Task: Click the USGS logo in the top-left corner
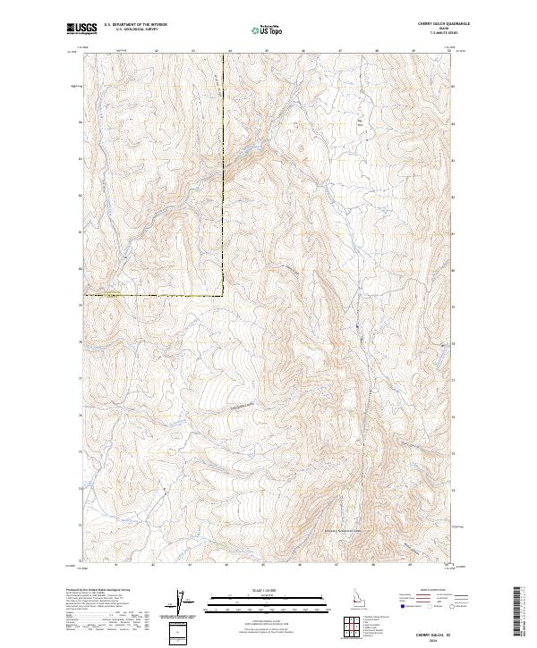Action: [x=82, y=30]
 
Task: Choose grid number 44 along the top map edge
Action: [x=228, y=51]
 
